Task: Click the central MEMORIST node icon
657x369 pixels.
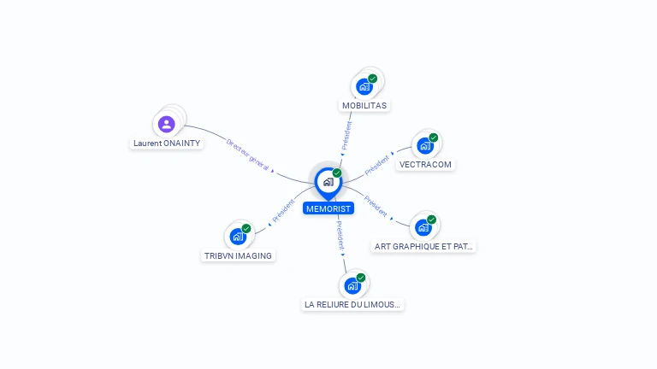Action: coord(328,182)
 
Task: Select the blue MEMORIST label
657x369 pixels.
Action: coord(328,208)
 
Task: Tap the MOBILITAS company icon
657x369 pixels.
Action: coord(364,86)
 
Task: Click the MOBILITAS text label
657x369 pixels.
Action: coord(364,106)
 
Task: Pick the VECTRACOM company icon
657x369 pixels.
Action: coord(425,146)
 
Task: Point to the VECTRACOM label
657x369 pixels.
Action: coord(425,164)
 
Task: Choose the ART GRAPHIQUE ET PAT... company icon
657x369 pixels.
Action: coord(423,227)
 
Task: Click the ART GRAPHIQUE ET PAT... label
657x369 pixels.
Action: coord(424,246)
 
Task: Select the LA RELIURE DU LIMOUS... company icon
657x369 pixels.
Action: coord(352,285)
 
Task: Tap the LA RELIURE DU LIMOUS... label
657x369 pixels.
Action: coord(352,304)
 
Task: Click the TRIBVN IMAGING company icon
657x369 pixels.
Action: coord(238,237)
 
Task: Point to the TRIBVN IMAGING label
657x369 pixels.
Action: coord(238,255)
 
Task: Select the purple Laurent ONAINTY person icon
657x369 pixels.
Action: coord(167,124)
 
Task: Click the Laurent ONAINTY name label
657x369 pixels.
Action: coord(167,143)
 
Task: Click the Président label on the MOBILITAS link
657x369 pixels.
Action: coord(347,136)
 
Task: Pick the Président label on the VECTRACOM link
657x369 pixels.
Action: coord(377,165)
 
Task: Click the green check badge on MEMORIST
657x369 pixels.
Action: coord(337,173)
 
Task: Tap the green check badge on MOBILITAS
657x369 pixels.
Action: coord(373,79)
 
